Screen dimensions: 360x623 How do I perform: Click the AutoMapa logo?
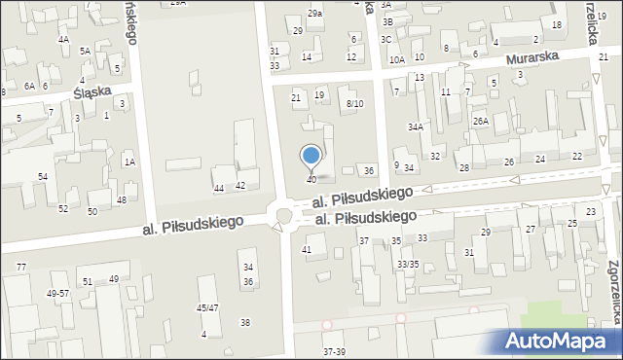pyautogui.click(x=561, y=341)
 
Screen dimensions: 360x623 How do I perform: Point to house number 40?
pyautogui.click(x=311, y=180)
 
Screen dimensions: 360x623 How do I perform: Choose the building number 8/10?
pyautogui.click(x=354, y=104)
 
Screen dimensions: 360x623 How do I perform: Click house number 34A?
pyautogui.click(x=416, y=126)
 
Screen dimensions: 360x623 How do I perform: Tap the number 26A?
pyautogui.click(x=480, y=121)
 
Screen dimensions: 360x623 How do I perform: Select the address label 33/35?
pyautogui.click(x=408, y=264)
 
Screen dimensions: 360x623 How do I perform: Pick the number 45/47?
pyautogui.click(x=206, y=307)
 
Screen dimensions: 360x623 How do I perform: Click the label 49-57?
pyautogui.click(x=58, y=293)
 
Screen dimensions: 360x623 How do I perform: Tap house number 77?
pyautogui.click(x=21, y=267)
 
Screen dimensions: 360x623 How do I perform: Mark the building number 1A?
pyautogui.click(x=128, y=162)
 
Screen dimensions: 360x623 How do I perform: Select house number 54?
pyautogui.click(x=43, y=176)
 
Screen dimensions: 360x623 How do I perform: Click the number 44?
pyautogui.click(x=219, y=187)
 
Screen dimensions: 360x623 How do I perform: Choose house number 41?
pyautogui.click(x=307, y=250)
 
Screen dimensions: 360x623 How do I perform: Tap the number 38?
pyautogui.click(x=245, y=322)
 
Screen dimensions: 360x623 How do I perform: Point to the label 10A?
pyautogui.click(x=396, y=59)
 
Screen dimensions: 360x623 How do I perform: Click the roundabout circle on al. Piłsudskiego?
pyautogui.click(x=285, y=214)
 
